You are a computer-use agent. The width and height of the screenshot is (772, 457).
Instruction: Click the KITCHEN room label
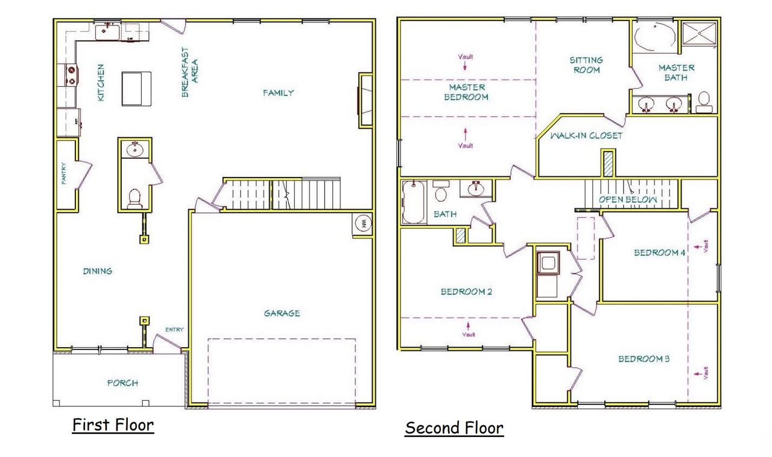[101, 82]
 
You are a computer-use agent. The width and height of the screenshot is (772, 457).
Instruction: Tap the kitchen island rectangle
[137, 88]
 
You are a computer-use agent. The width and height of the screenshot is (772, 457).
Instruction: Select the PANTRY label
[64, 174]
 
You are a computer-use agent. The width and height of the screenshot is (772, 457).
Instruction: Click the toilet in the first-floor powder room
[134, 197]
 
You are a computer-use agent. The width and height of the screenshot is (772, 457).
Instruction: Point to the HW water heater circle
[362, 223]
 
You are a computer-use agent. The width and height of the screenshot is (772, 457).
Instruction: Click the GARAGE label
[282, 313]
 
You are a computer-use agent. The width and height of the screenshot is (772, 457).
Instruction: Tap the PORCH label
[122, 383]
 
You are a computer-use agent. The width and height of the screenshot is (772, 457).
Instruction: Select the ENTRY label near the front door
[175, 330]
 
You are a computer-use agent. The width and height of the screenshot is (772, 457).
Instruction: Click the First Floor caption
[113, 425]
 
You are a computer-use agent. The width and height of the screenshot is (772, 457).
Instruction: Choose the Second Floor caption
[454, 429]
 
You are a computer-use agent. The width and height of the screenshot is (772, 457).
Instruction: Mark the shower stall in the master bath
[700, 36]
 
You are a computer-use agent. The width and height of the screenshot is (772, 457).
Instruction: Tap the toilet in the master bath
[703, 102]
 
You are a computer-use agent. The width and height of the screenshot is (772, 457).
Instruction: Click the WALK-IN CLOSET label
[586, 136]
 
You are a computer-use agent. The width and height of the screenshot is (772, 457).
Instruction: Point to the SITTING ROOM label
[586, 65]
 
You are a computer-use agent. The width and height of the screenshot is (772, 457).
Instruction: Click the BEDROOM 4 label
[659, 253]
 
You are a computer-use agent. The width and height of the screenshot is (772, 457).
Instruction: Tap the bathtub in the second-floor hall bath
[414, 202]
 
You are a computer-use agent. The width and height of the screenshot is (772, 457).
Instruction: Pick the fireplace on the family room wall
[365, 100]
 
